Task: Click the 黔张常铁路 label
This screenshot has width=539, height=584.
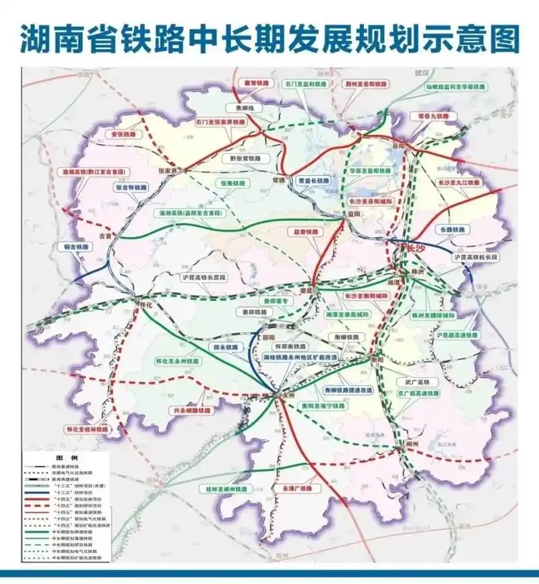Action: point(245,159)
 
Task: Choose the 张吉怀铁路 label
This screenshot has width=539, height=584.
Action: point(131,187)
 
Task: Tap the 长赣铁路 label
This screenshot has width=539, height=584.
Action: point(451,230)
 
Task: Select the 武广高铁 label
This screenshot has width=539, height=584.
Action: point(413,382)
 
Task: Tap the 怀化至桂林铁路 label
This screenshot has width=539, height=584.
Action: point(87,429)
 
